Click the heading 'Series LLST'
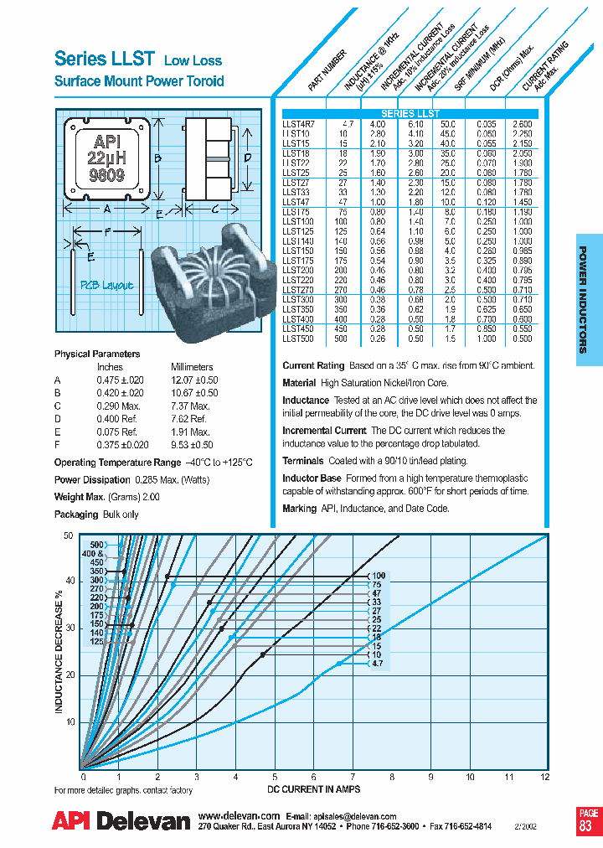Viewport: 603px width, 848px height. pyautogui.click(x=105, y=59)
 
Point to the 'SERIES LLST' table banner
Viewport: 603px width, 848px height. pyautogui.click(x=410, y=113)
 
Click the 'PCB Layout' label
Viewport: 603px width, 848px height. pyautogui.click(x=106, y=285)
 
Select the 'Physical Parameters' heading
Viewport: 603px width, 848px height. pyautogui.click(x=97, y=354)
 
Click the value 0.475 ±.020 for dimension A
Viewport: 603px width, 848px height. pyautogui.click(x=120, y=380)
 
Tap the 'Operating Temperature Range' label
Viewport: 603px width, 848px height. pyautogui.click(x=117, y=463)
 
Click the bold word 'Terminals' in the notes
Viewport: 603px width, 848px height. pyautogui.click(x=303, y=461)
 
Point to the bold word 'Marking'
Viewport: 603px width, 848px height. pyautogui.click(x=300, y=509)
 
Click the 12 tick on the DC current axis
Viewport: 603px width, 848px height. pyautogui.click(x=546, y=778)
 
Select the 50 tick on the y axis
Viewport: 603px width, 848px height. pyautogui.click(x=69, y=535)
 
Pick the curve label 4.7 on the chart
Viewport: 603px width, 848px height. pyautogui.click(x=377, y=663)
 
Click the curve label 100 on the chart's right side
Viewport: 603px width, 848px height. pyautogui.click(x=379, y=576)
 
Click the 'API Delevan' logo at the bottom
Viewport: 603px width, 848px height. pyautogui.click(x=121, y=821)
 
